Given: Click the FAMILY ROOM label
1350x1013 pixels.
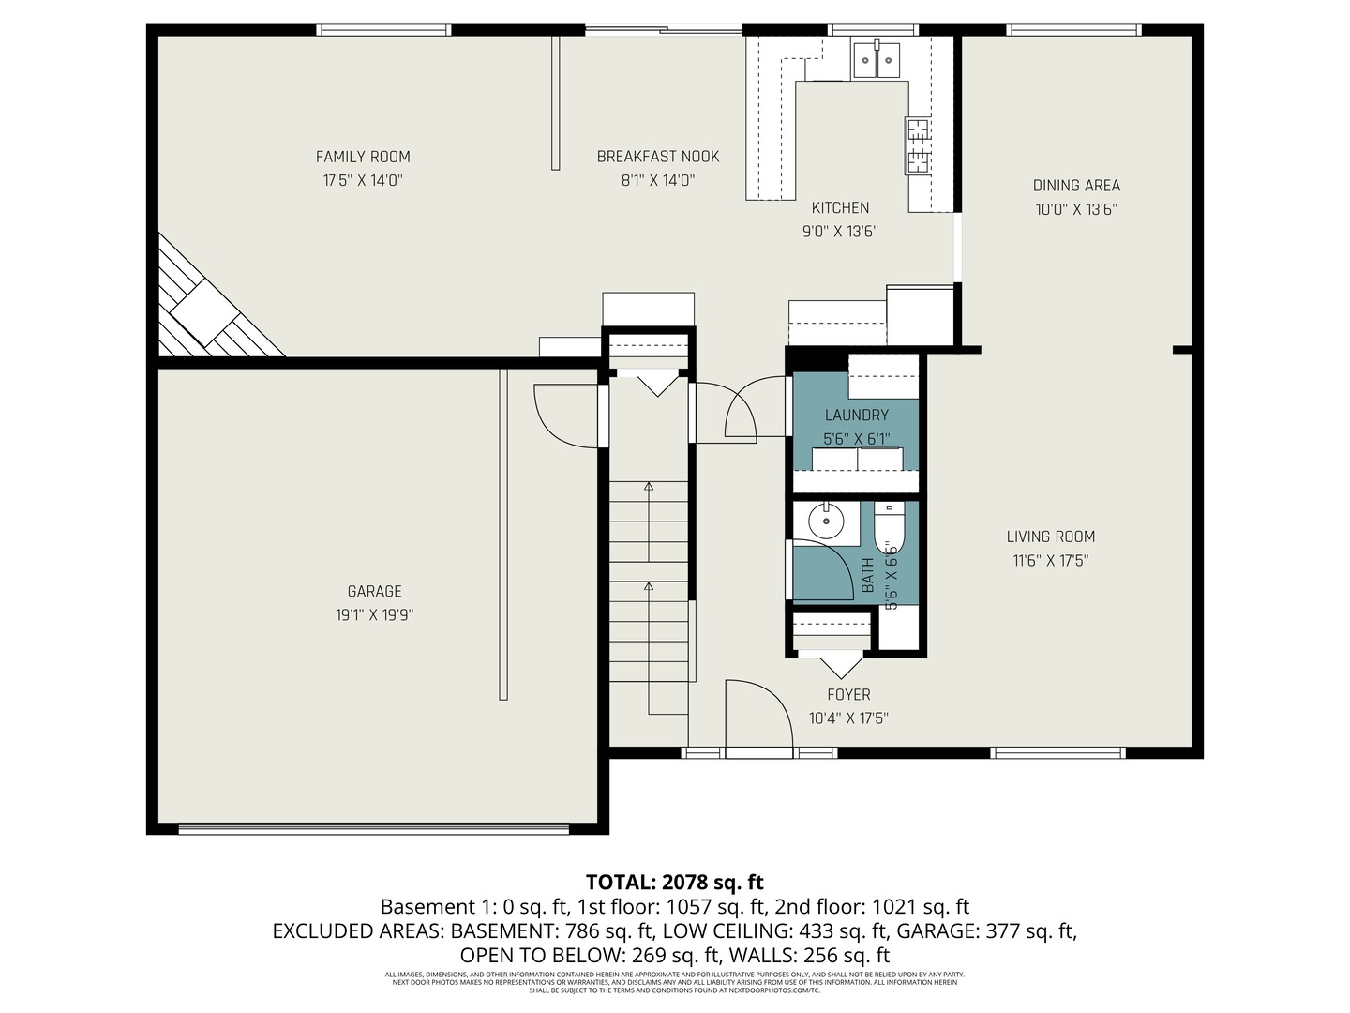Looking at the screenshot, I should click(x=363, y=157).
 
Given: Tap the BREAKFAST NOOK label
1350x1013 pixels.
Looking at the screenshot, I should click(x=658, y=157).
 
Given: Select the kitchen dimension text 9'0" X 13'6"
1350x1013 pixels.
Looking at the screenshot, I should click(x=840, y=232).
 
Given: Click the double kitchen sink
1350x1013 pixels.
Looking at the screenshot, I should click(x=876, y=60).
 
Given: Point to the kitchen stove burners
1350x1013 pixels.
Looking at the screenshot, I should click(x=917, y=145).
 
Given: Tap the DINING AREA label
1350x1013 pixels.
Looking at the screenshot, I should click(x=1076, y=186).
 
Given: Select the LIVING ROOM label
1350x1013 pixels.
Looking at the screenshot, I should click(x=1050, y=537).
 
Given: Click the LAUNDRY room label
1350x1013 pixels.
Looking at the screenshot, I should click(x=856, y=415).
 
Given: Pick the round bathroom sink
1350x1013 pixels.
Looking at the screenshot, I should click(x=827, y=521).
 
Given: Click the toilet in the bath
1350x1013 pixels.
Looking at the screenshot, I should click(x=889, y=535).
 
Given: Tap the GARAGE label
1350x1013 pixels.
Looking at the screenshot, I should click(x=374, y=591).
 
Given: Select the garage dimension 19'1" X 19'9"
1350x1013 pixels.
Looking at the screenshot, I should click(x=374, y=615).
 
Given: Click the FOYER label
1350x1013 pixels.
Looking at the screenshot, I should click(x=848, y=695).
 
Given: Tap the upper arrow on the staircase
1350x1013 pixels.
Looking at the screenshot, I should click(x=648, y=487).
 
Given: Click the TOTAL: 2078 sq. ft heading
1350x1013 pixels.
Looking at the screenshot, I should click(x=674, y=883).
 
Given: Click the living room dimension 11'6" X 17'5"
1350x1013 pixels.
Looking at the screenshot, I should click(x=1050, y=561).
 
